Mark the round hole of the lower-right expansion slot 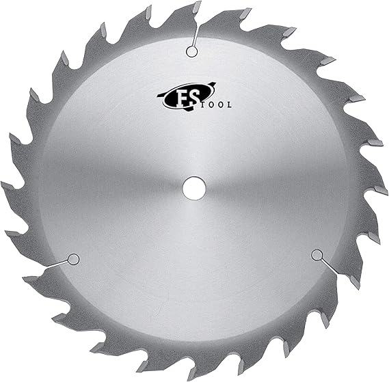click(x=316, y=255)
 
